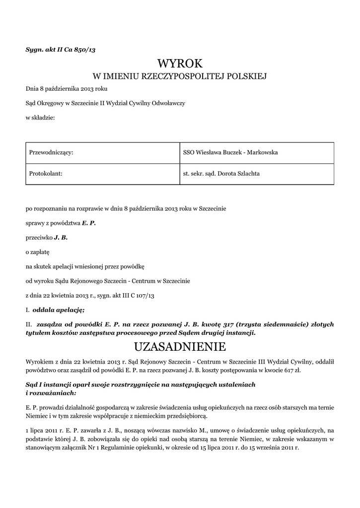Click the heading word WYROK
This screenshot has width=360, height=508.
(x=180, y=63)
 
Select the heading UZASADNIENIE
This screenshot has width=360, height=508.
(x=180, y=345)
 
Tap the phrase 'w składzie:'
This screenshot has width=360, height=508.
(x=40, y=117)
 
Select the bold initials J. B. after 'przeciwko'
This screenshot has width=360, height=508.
(x=61, y=238)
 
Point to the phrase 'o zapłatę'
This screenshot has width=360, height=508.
(x=38, y=252)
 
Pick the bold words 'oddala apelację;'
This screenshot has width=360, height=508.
(x=59, y=310)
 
